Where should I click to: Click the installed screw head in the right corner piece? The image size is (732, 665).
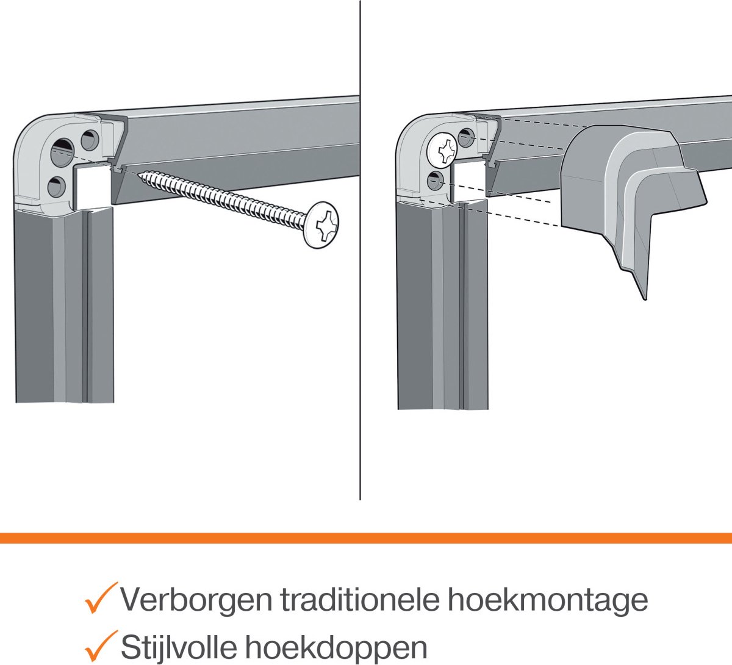(442, 150)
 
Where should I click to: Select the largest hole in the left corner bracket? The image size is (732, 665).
(62, 152)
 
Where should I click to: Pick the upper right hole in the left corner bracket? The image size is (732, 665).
(90, 140)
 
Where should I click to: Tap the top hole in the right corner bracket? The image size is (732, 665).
(466, 138)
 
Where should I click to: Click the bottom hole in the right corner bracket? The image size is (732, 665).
(436, 181)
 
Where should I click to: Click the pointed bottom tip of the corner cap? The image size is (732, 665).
(645, 300)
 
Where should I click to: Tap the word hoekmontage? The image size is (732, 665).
(548, 601)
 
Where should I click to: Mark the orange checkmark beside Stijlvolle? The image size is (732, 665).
(101, 645)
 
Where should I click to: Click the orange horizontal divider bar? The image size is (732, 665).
(366, 538)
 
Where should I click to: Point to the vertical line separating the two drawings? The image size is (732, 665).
(360, 250)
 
